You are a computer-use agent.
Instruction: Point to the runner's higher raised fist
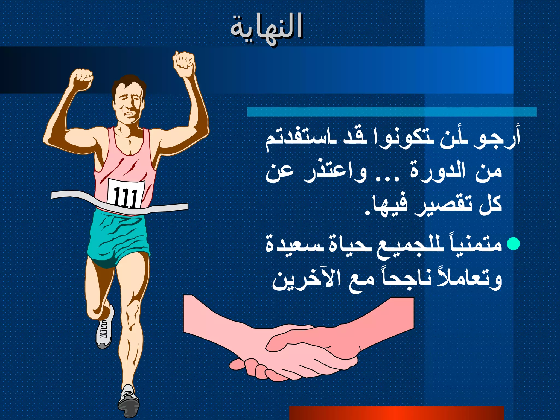point(184,62)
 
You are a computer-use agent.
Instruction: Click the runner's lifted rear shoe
point(105,328)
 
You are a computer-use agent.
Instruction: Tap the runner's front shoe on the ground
point(129,401)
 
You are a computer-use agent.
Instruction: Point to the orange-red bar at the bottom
point(396,413)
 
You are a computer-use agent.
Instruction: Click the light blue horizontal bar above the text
point(392,112)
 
